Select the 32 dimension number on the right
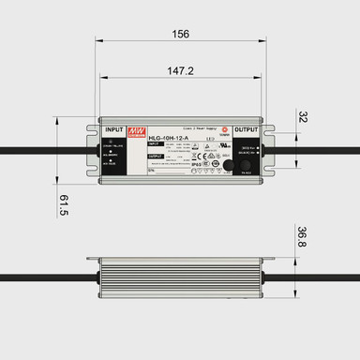click(302, 118)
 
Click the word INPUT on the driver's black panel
click(115, 129)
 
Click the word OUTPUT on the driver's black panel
click(246, 129)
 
